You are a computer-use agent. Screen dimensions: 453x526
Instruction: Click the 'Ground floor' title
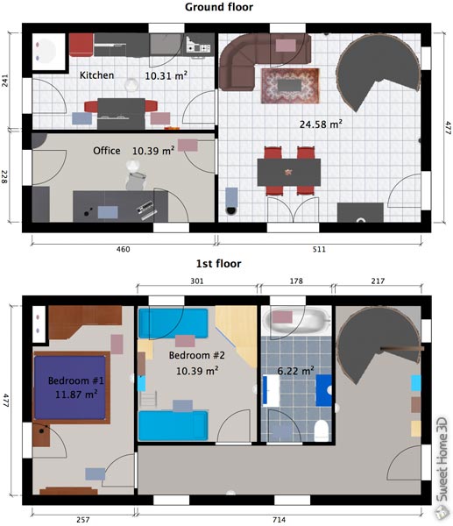tap(219, 7)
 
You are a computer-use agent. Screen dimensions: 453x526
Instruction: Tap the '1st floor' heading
tap(219, 264)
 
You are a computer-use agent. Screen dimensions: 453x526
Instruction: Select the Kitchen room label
tap(96, 75)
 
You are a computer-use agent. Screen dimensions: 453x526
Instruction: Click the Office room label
tap(107, 151)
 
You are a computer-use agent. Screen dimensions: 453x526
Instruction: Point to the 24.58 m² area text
tap(321, 124)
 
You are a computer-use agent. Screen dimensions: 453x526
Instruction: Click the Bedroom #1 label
tap(76, 380)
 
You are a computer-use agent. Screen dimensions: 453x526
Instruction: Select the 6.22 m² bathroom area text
tap(296, 371)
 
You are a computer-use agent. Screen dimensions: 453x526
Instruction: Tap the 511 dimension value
tap(319, 249)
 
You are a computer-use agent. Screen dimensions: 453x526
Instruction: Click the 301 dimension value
tap(197, 281)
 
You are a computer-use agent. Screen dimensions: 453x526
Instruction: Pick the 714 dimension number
tap(279, 520)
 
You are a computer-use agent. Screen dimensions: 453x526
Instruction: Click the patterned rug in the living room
tap(290, 86)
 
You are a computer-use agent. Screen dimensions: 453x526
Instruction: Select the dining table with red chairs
tap(289, 172)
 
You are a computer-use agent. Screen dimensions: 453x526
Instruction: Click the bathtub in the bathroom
tap(296, 322)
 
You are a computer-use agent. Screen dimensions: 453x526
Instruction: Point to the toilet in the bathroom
tap(321, 430)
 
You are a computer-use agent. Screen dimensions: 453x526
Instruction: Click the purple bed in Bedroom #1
tap(70, 387)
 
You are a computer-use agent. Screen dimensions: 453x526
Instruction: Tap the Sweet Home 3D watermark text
tap(442, 459)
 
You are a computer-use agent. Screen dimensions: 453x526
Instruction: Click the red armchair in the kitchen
tap(81, 45)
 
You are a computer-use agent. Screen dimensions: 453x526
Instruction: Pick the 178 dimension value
tap(296, 281)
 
